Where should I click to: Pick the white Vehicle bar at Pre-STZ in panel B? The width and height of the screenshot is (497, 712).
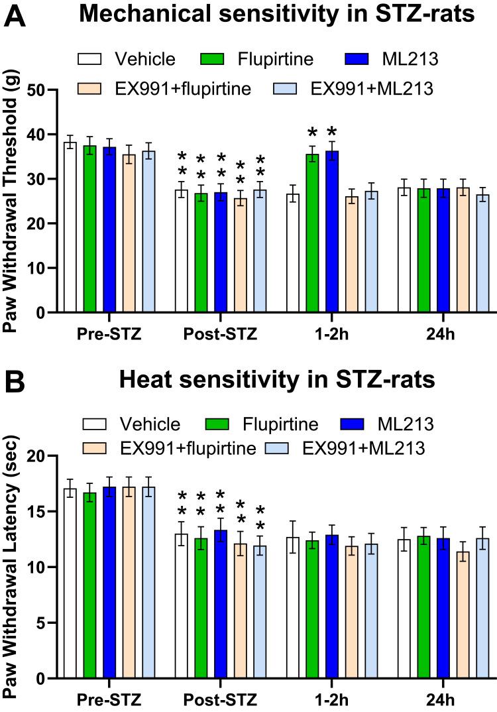tap(70, 583)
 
